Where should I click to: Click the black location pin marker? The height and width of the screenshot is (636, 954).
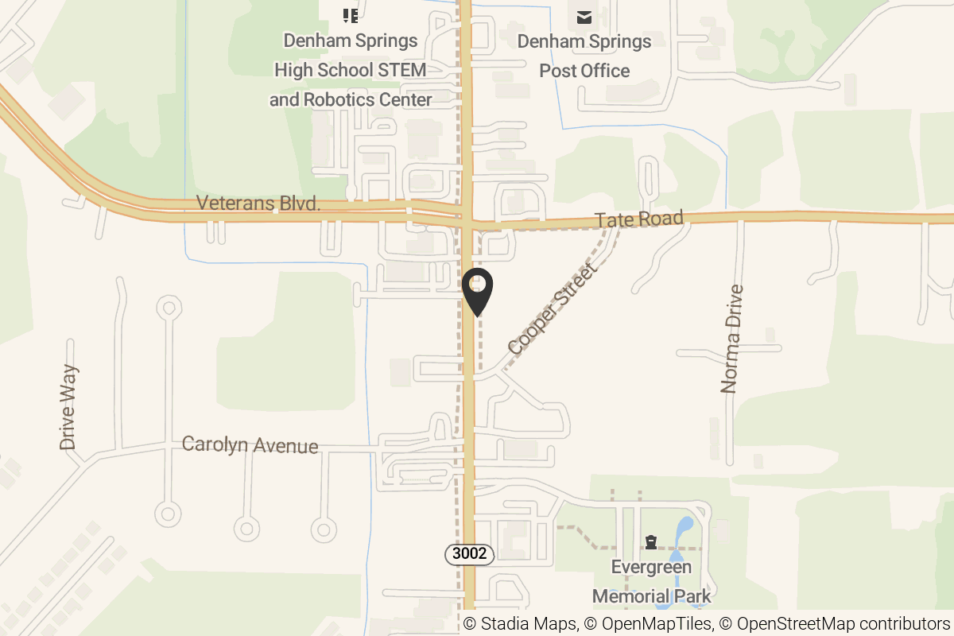click(478, 291)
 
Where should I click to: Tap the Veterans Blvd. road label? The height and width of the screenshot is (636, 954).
click(258, 204)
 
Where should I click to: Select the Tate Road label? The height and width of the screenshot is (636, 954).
click(639, 219)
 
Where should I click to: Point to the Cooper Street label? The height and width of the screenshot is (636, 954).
click(553, 309)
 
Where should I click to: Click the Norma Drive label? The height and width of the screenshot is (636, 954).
click(731, 339)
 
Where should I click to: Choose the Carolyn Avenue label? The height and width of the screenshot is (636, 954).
click(250, 444)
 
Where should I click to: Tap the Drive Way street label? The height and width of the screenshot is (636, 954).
click(70, 407)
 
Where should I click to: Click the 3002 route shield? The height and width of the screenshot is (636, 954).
click(469, 554)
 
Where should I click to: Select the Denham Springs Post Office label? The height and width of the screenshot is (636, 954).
click(584, 56)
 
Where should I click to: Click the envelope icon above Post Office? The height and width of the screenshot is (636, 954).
click(584, 17)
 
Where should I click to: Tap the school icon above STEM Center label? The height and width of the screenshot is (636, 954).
click(350, 15)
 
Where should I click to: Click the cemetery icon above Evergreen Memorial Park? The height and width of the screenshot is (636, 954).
click(651, 542)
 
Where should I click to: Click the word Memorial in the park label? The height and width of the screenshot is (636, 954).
click(632, 596)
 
